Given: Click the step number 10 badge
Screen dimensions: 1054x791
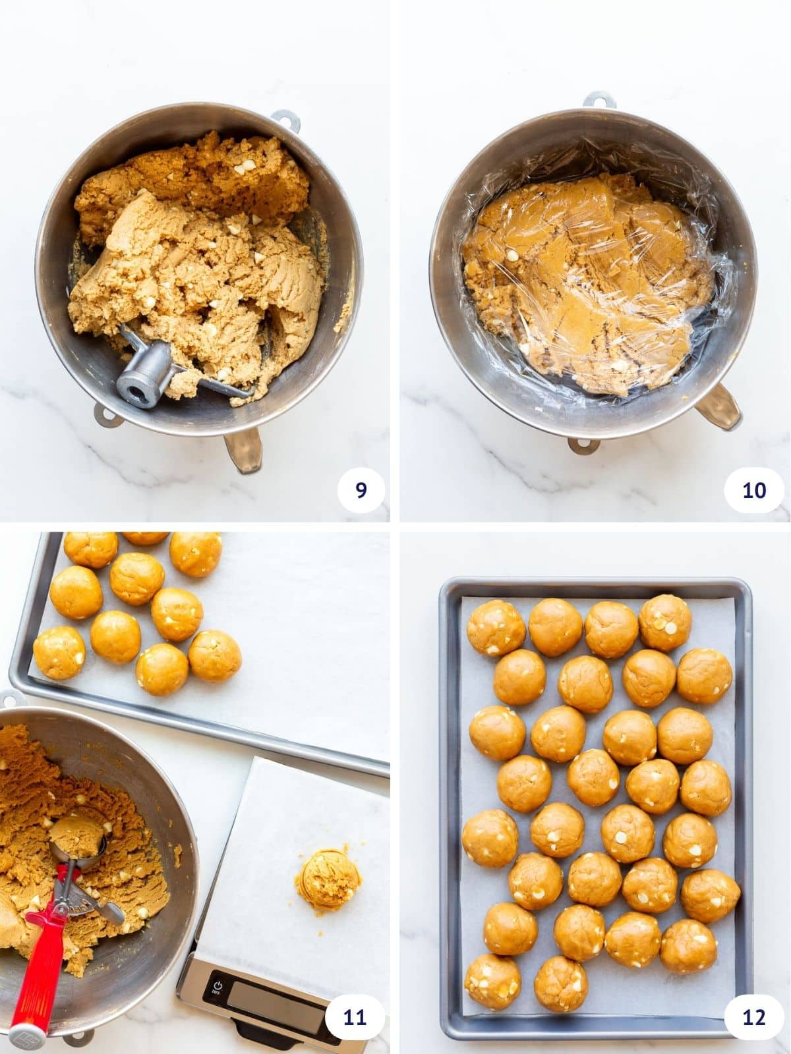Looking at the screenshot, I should pos(754,490).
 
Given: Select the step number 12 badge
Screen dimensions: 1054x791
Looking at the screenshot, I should pos(754,1017).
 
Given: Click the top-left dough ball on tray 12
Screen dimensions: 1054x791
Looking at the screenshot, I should pos(496,628).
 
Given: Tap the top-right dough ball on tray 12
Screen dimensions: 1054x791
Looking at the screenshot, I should pos(665,623).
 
